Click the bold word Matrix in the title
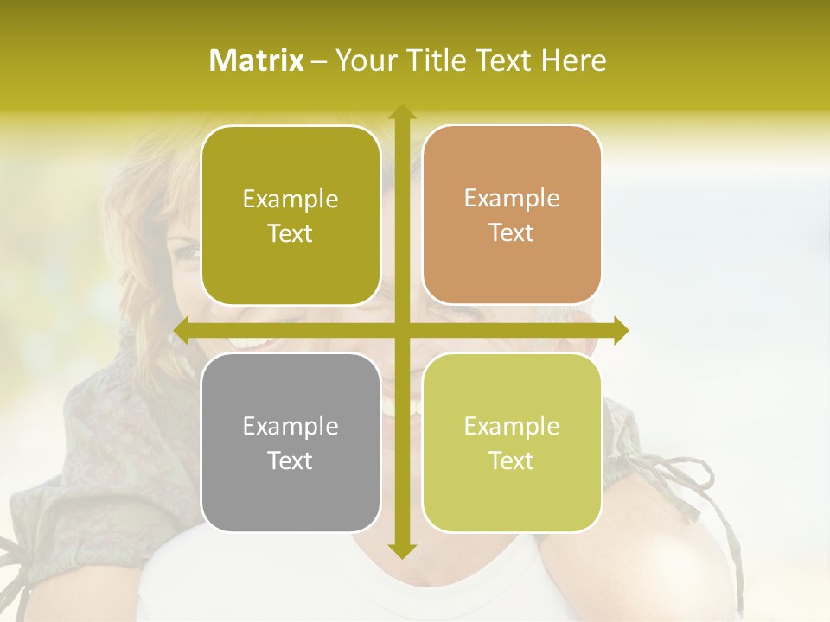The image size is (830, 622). [x=257, y=60]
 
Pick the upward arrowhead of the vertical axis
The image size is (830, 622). [x=401, y=112]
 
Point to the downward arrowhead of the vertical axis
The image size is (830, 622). [x=401, y=551]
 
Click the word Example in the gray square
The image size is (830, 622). [x=290, y=426]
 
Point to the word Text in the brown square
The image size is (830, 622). [x=512, y=233]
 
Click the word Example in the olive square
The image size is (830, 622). [x=290, y=200]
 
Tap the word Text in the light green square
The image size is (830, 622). [x=512, y=460]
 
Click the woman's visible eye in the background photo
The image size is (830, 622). [x=186, y=254]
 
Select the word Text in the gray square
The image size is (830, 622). [x=290, y=460]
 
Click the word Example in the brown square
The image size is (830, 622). [x=512, y=199]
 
